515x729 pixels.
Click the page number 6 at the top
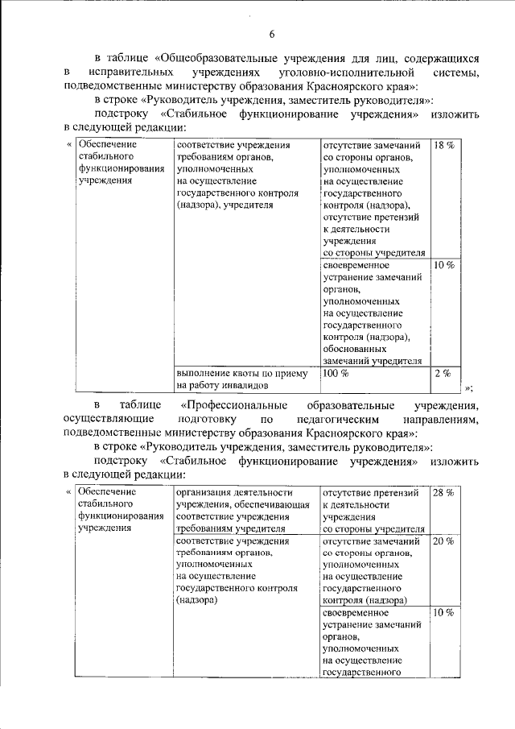pyautogui.click(x=271, y=33)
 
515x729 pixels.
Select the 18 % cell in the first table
pyautogui.click(x=444, y=146)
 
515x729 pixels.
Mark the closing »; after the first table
pyautogui.click(x=468, y=387)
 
